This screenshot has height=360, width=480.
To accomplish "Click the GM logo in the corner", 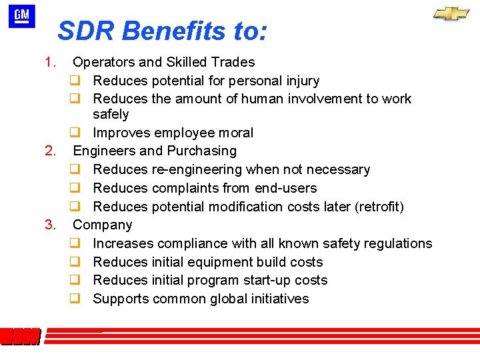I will pos(21,17).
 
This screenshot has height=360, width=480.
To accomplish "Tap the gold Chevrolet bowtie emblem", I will pos(451,14).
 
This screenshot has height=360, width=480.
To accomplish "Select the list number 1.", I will pos(49,63).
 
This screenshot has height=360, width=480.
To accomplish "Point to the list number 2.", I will pos(49,151).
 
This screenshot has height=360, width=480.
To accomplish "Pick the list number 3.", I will pos(49,225).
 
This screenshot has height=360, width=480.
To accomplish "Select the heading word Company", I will pos(102,225).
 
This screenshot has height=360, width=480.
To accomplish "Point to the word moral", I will pos(236,133).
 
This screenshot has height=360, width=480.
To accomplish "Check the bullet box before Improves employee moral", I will pos(75,133).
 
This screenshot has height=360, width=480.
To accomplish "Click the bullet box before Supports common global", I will pos(75,299).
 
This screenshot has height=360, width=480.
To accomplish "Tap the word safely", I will pos(111,115).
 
